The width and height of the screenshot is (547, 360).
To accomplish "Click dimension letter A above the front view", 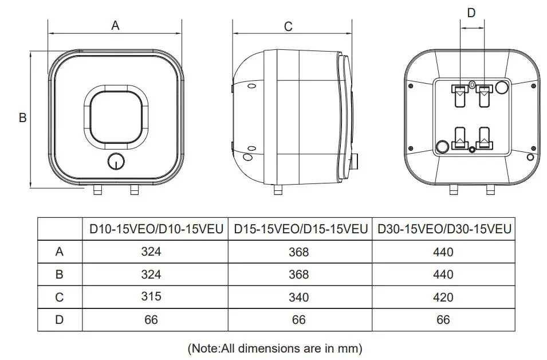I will (115, 26).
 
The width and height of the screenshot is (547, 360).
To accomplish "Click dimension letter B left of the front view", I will (23, 118).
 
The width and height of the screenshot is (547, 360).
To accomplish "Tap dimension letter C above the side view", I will (288, 26).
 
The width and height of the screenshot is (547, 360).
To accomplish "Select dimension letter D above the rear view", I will (471, 13).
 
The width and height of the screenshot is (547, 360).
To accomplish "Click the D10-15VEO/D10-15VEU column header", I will (155, 229).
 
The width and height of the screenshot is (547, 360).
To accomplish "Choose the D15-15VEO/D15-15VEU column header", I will (301, 229).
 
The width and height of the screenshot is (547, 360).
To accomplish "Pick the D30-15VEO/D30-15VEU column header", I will (444, 229).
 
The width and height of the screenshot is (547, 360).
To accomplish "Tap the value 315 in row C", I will (151, 296).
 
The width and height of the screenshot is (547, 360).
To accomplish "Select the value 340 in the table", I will (299, 297).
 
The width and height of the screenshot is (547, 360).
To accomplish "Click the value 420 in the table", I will (443, 297).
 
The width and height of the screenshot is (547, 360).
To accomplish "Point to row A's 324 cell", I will (151, 252).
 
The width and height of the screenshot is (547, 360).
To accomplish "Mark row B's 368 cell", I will (299, 275).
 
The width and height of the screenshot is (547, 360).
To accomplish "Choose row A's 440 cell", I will (443, 252).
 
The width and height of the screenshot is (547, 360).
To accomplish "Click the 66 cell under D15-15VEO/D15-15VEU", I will (299, 320).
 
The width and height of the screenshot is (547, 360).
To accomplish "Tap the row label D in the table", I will (60, 320).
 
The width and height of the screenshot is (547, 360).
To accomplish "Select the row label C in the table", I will (60, 297).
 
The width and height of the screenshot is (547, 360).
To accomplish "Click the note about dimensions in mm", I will (275, 348).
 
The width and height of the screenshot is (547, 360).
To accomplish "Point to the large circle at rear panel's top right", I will (502, 87).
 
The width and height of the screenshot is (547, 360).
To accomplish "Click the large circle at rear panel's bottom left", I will (443, 146).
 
